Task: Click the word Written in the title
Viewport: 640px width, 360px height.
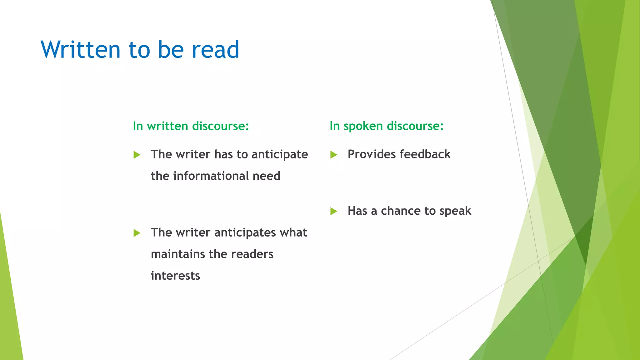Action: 81,49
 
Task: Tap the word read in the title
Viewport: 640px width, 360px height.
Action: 215,49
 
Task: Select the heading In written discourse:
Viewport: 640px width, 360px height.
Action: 191,126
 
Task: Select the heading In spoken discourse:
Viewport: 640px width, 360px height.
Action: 387,126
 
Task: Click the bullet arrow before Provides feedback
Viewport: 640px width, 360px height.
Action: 333,155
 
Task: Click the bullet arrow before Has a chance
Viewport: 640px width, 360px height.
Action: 333,212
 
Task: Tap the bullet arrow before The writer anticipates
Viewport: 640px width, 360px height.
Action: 137,233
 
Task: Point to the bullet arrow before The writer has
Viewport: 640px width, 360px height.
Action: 137,155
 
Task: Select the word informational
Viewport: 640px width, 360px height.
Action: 211,176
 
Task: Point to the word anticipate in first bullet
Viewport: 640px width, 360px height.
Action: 280,155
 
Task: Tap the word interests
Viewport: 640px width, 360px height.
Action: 175,276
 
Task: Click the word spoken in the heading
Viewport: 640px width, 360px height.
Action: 363,126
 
